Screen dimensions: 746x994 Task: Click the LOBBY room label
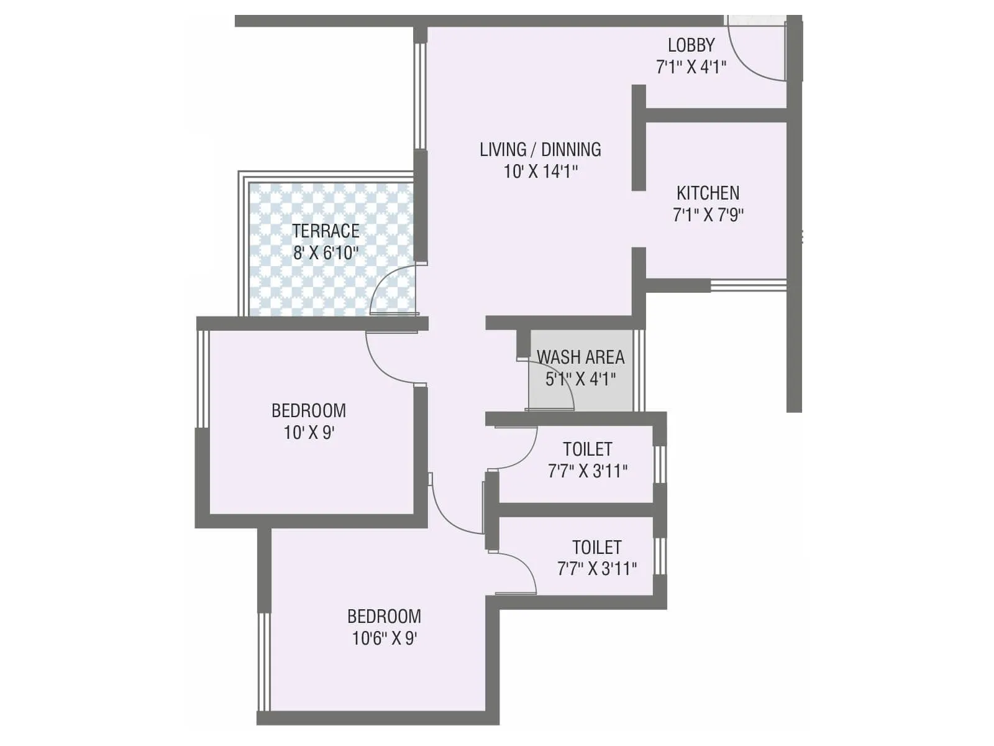(x=691, y=45)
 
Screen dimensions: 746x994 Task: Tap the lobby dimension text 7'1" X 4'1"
(x=691, y=67)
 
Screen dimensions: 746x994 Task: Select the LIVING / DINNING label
(x=540, y=149)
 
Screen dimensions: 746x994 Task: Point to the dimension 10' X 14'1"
(x=540, y=171)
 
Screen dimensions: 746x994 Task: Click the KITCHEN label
(x=708, y=193)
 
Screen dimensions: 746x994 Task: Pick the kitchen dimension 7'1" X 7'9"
(x=708, y=214)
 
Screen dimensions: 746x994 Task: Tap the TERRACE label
(x=326, y=231)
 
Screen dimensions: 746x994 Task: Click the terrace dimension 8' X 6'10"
(x=326, y=252)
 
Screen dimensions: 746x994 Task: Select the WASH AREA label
(x=580, y=357)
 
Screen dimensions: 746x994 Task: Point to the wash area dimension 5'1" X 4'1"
(x=580, y=379)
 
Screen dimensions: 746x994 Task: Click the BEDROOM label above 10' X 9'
(x=309, y=410)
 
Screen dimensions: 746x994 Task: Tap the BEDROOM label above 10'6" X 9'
(x=384, y=616)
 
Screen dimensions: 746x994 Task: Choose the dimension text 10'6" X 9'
(x=384, y=638)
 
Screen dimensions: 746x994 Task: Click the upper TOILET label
(x=587, y=449)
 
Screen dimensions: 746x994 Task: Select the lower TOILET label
(x=596, y=547)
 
